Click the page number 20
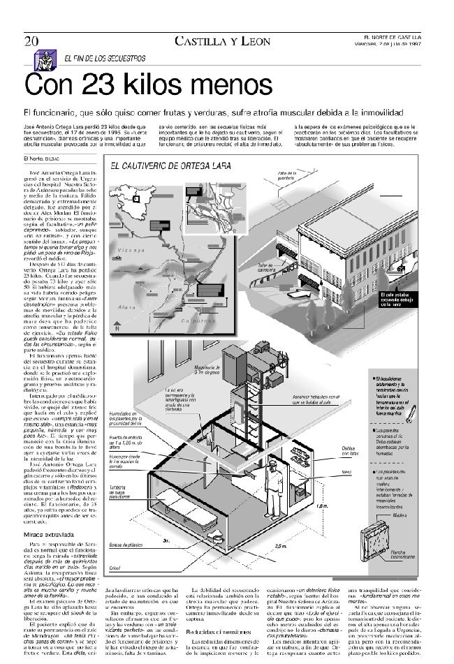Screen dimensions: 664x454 pyautogui.click(x=31, y=40)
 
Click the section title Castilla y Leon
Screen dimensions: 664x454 pyautogui.click(x=223, y=41)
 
